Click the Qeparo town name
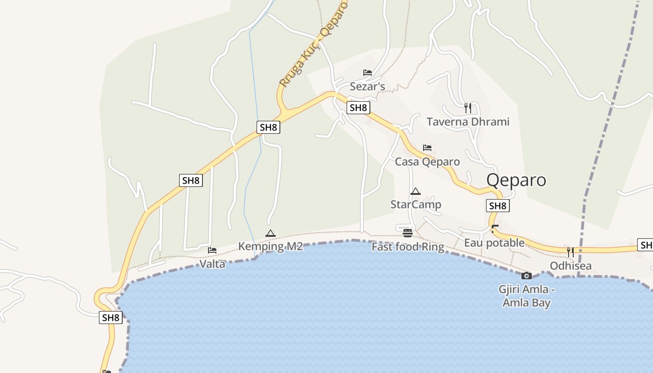click(x=516, y=180)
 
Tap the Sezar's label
click(x=368, y=86)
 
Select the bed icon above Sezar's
click(x=368, y=73)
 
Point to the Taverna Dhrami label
click(x=468, y=122)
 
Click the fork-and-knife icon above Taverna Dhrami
click(x=468, y=108)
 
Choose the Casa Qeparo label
click(x=427, y=161)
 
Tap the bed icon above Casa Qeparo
click(x=427, y=148)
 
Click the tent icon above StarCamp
click(x=416, y=191)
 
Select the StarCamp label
click(x=416, y=204)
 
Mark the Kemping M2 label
click(x=271, y=246)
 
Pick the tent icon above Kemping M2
click(x=271, y=233)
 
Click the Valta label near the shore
click(x=213, y=264)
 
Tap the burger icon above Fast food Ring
click(x=408, y=233)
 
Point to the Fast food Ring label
click(x=408, y=247)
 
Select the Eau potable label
click(x=494, y=243)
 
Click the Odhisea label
click(x=570, y=266)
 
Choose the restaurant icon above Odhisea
click(x=570, y=252)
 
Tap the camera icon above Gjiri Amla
click(x=527, y=276)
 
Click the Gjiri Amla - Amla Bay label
click(x=527, y=296)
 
